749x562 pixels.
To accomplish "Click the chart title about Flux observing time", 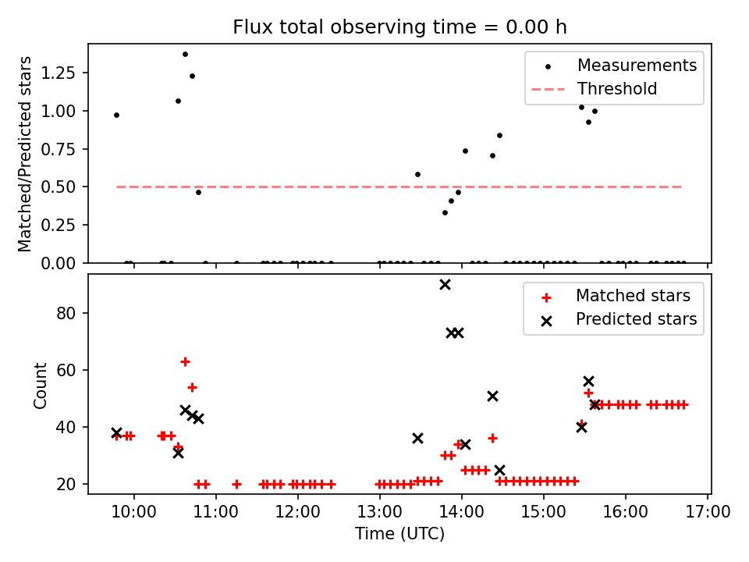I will [x=399, y=27].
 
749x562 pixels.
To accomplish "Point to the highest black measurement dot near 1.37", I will [x=185, y=54].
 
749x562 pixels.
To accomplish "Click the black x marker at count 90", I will [x=445, y=284].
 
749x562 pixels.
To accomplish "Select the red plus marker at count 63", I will [x=185, y=361].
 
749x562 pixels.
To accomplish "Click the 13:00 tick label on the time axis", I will [x=379, y=512].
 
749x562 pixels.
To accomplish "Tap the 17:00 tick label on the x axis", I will [x=707, y=512].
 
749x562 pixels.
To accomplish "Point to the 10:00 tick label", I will [x=134, y=512].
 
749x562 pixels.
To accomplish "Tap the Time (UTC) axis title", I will [x=399, y=534].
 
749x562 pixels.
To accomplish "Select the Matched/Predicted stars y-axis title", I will [x=26, y=154].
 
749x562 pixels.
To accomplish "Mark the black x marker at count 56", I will [x=588, y=381].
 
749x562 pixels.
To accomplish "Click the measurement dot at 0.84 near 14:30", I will [x=499, y=135].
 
